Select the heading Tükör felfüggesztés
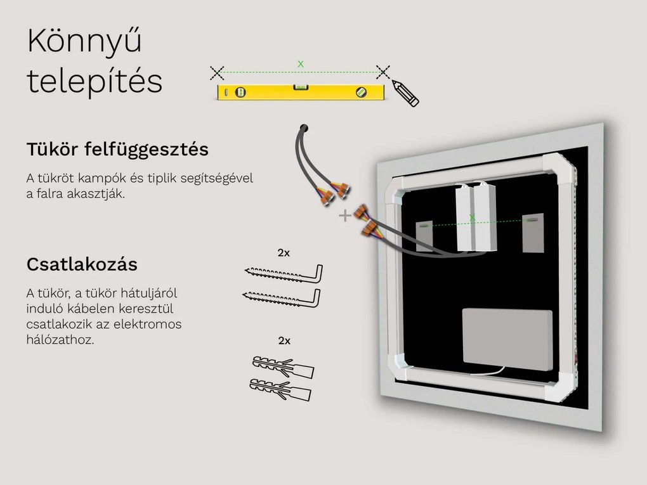pos(117,150)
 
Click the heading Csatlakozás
pos(82,264)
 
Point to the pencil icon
pos(405,93)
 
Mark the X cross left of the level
pos(217,72)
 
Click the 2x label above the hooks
pos(284,252)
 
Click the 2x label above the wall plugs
pos(284,340)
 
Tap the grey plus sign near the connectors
pos(344,216)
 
